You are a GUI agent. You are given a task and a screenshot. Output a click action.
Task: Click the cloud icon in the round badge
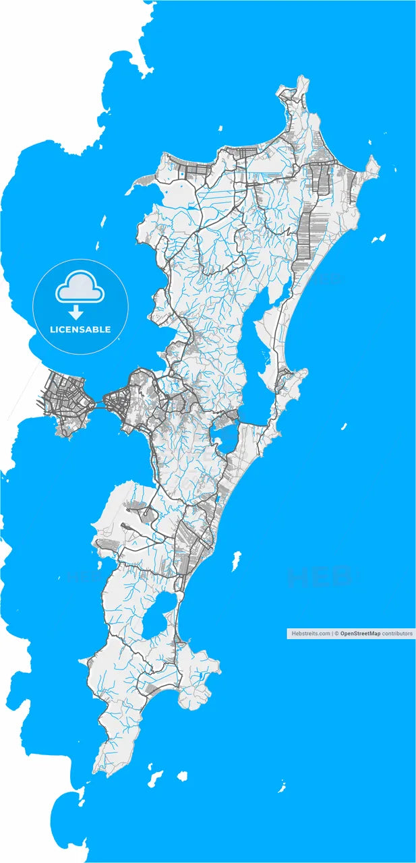80,289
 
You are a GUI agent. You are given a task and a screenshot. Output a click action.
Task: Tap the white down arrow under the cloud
76,312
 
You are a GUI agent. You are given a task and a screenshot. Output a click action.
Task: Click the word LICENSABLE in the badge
80,330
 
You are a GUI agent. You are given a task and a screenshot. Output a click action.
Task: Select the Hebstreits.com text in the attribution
310,634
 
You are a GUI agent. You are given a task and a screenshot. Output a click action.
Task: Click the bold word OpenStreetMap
360,634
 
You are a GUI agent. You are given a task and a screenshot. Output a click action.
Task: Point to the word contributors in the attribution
397,634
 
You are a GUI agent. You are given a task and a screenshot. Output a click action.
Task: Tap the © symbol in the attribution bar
336,634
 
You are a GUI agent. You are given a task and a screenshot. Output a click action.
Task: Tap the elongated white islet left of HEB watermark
236,559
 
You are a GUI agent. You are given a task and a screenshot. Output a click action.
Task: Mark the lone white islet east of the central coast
343,426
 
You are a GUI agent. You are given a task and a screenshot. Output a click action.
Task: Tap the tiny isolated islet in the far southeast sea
282,787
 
